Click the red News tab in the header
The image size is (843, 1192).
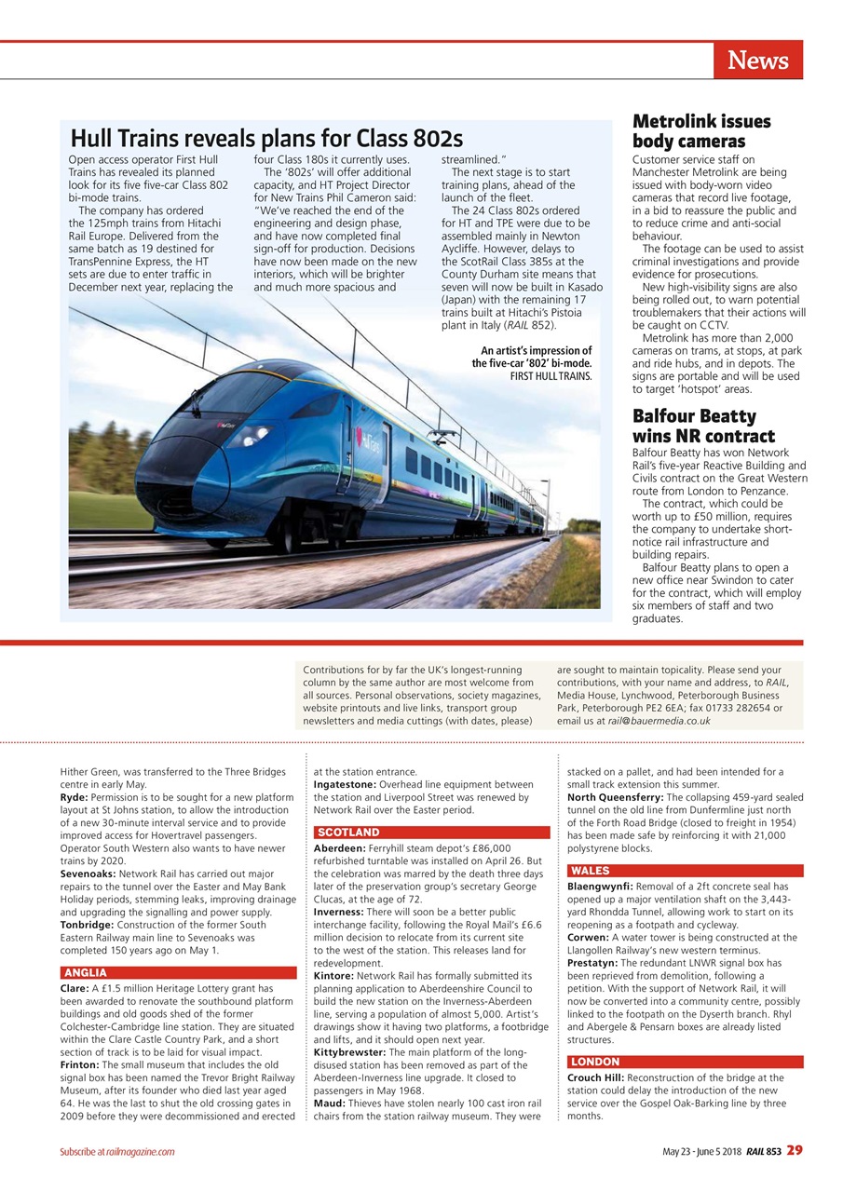pos(757,61)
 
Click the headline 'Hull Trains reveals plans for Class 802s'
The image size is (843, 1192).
pos(266,139)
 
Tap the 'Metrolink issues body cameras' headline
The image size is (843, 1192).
pos(700,131)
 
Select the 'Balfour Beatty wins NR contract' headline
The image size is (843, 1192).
pos(703,426)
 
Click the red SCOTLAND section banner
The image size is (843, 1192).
pos(431,832)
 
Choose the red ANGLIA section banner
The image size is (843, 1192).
pos(177,973)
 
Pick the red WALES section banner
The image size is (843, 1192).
pos(685,871)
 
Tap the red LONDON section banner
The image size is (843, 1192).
pos(685,1062)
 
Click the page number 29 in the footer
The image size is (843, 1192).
pos(793,1151)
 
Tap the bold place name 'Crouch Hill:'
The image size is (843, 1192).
pos(597,1077)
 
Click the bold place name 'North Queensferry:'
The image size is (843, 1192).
pos(616,797)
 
